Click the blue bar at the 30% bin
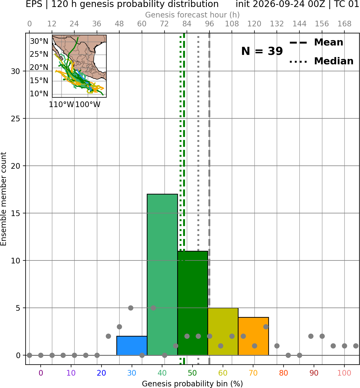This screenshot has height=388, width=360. [x=132, y=345]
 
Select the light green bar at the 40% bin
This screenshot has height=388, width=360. [x=162, y=274]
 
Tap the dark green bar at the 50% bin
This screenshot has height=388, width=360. [x=193, y=303]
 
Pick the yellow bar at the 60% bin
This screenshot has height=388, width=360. [x=223, y=331]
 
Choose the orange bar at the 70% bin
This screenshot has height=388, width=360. [x=253, y=336]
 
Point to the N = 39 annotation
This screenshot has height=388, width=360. [x=262, y=51]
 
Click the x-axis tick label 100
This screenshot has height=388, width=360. [x=344, y=373]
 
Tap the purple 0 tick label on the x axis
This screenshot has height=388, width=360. [x=41, y=373]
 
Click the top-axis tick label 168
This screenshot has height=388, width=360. [x=344, y=24]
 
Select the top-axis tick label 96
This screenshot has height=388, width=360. [x=209, y=24]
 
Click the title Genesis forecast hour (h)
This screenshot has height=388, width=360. [x=193, y=15]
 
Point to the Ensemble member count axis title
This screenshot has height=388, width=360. [x=4, y=199]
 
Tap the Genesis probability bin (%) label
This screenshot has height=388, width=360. [x=193, y=384]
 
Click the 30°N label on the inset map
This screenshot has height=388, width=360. [x=39, y=41]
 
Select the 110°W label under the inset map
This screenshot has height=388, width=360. [x=61, y=104]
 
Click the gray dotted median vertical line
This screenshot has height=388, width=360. [x=198, y=199]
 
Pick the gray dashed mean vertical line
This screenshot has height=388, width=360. [x=209, y=199]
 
